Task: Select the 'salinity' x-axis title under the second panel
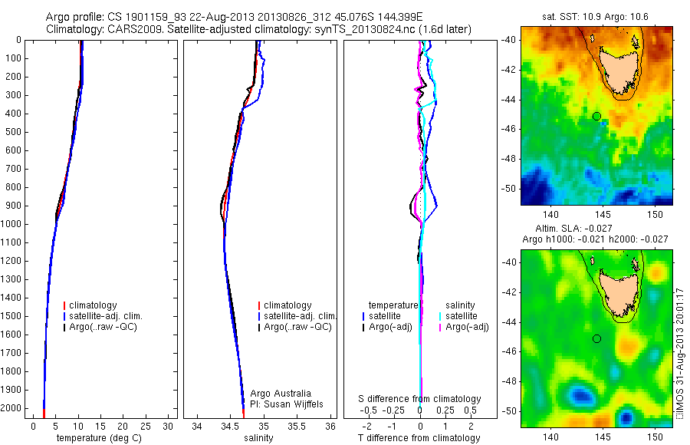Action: (x=258, y=438)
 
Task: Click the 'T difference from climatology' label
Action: (x=419, y=438)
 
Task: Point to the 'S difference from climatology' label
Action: (x=419, y=399)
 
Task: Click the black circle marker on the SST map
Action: (x=596, y=116)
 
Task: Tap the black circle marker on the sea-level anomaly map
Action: (x=596, y=338)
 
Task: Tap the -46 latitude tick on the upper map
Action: (x=508, y=129)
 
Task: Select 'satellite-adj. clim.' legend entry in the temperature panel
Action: (x=111, y=316)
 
